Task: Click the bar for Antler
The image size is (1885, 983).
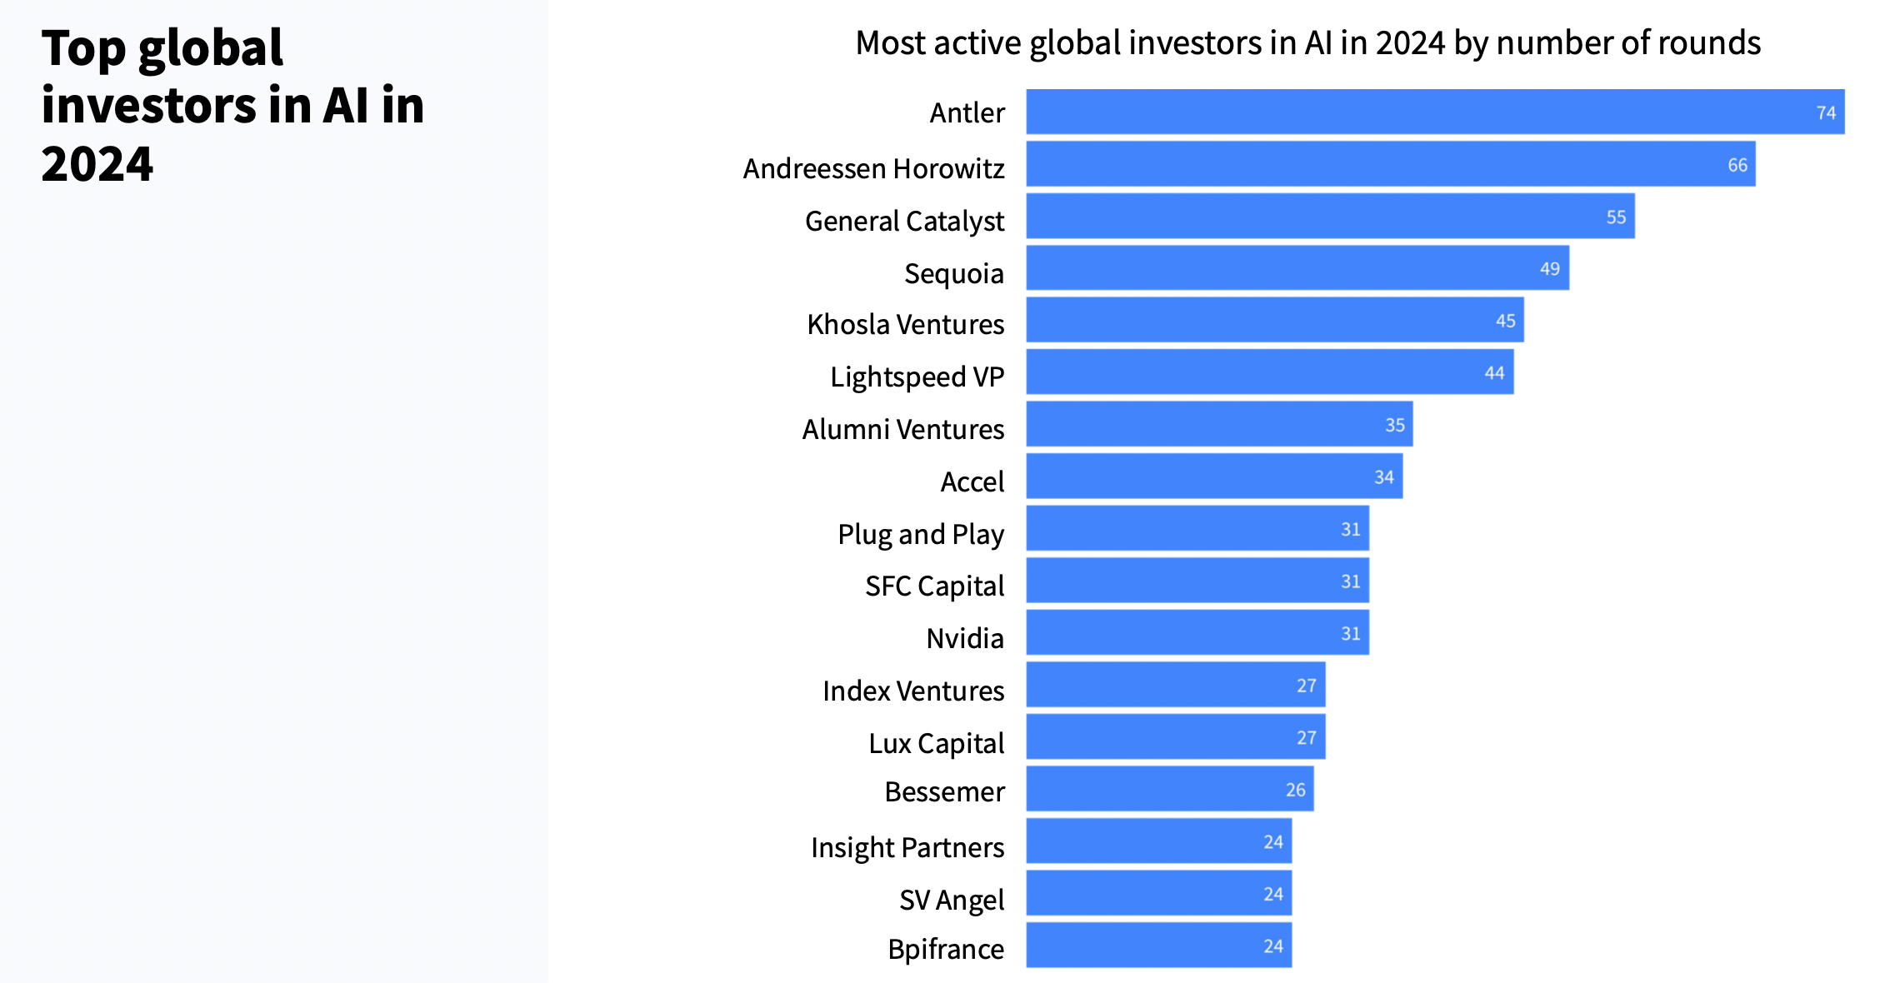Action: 1435,112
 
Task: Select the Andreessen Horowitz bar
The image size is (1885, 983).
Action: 1391,164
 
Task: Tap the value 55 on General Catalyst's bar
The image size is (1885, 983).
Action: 1616,217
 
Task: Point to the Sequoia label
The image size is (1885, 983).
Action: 954,273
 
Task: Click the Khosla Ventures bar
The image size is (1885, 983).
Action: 1275,320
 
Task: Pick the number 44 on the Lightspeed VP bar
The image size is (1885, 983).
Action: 1494,373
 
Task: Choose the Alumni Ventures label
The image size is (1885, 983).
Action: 903,429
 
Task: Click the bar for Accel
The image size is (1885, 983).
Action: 1214,477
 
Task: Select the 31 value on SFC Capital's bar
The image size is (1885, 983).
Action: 1351,581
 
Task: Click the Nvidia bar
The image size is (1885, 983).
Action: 1197,632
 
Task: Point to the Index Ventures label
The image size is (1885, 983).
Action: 913,691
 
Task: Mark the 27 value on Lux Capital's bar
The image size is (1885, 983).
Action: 1307,738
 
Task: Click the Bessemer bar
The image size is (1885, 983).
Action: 1170,789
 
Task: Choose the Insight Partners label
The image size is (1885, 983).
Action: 907,848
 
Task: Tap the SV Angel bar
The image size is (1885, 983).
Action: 1159,893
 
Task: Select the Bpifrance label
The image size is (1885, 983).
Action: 946,949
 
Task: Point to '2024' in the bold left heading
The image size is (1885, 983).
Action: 97,163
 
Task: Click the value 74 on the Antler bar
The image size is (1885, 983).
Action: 1826,112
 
